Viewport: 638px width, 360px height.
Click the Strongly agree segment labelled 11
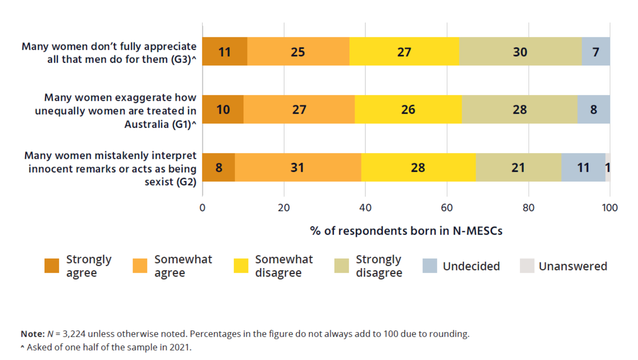[x=225, y=51]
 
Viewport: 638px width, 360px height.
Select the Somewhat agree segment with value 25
[x=298, y=51]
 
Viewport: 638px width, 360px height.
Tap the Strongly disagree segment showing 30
[x=520, y=51]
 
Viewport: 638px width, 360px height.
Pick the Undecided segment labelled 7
[x=596, y=51]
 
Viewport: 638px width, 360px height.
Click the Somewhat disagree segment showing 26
[x=408, y=110]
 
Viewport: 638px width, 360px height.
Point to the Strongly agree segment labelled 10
[x=223, y=110]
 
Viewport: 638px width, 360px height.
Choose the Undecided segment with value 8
[x=593, y=110]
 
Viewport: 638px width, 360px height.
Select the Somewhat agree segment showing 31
[x=297, y=167]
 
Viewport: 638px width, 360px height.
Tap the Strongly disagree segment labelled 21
[x=518, y=167]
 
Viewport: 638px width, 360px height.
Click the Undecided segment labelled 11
[x=583, y=167]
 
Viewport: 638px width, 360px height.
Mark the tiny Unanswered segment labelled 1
[x=608, y=167]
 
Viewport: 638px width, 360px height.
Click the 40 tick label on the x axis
[x=365, y=208]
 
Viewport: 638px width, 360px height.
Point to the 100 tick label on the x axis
[x=609, y=208]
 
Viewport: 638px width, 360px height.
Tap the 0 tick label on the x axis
[x=203, y=208]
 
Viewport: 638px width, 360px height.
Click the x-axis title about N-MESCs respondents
[x=406, y=231]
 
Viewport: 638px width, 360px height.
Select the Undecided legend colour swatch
[x=430, y=266]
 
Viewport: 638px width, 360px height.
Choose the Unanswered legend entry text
[x=573, y=266]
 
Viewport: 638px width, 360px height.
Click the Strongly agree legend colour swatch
[x=52, y=266]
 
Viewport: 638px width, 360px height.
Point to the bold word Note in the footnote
[x=33, y=334]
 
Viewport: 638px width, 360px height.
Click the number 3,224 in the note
[x=74, y=334]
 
